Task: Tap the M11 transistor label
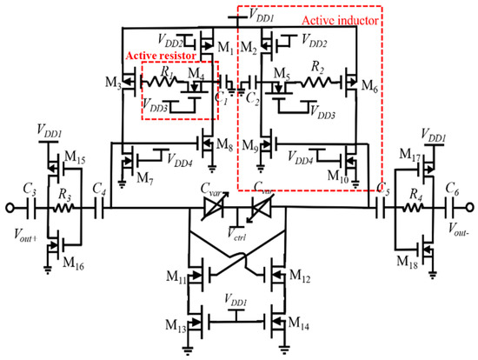[x=175, y=280]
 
